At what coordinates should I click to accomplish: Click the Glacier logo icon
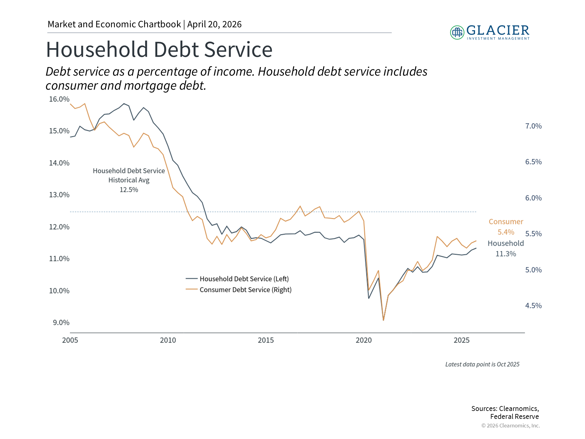(x=457, y=32)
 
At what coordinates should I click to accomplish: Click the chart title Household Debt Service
(x=159, y=49)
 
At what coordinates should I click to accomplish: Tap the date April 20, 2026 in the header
(x=214, y=24)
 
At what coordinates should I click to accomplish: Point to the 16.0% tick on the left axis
(x=59, y=99)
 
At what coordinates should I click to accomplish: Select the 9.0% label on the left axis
(x=61, y=323)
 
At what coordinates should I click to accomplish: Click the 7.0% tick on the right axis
(x=534, y=126)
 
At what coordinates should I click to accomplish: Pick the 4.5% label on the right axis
(x=534, y=305)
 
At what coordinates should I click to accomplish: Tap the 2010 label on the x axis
(x=168, y=340)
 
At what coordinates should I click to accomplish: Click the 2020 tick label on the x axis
(x=364, y=340)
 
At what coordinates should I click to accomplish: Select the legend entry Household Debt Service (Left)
(x=237, y=279)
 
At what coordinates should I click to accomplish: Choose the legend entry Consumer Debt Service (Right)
(x=239, y=290)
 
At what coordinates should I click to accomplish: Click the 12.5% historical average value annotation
(x=129, y=190)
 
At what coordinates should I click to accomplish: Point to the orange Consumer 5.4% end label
(x=506, y=227)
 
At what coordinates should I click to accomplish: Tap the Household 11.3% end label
(x=506, y=248)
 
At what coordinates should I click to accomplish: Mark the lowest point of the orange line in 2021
(x=383, y=320)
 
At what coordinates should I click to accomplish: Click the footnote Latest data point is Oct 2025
(x=482, y=364)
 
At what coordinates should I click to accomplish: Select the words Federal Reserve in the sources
(x=515, y=416)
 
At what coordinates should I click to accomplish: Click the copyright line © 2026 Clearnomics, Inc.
(x=511, y=426)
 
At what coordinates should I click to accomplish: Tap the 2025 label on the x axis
(x=462, y=340)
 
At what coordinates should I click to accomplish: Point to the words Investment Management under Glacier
(x=498, y=38)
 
